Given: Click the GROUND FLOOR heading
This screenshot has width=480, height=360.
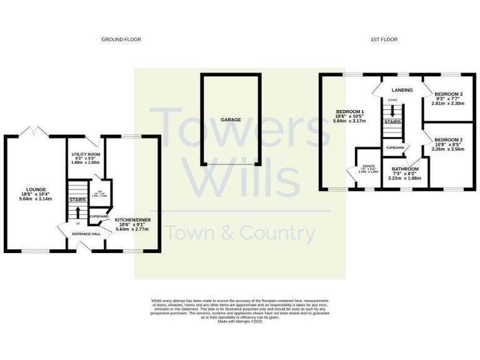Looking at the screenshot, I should point(121,39).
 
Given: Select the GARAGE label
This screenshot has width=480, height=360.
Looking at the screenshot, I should point(230,119).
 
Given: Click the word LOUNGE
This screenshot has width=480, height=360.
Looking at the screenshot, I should point(36,189).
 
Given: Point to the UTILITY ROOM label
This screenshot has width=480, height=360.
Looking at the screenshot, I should point(86,154).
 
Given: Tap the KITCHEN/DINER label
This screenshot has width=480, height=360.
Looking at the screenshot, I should point(132,220).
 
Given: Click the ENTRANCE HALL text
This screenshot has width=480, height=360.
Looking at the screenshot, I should point(87,234).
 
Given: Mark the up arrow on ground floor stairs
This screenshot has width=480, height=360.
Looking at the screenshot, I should point(78,214).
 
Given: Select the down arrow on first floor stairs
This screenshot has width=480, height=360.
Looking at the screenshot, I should point(392,111).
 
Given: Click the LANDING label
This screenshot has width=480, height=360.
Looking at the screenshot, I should point(402,90).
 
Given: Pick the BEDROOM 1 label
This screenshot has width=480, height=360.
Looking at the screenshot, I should point(349,111).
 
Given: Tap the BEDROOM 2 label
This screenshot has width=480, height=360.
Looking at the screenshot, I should point(448,139).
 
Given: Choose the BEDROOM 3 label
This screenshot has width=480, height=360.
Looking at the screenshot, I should point(448,94).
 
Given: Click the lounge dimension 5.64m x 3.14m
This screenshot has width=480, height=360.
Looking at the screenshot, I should point(36,199).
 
